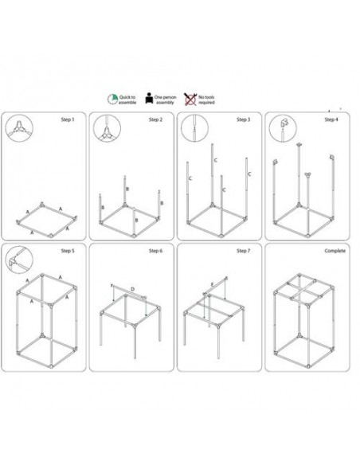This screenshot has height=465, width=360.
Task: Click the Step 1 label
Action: click(x=68, y=119)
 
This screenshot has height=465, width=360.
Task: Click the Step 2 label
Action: click(x=155, y=119)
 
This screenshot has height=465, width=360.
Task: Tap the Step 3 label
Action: click(x=243, y=119)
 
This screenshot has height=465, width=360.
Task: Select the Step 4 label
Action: click(x=331, y=119)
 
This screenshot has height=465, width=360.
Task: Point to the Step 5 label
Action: click(x=68, y=251)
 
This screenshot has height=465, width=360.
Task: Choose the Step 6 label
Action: click(x=155, y=251)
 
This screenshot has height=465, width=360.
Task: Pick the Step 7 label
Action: click(x=243, y=251)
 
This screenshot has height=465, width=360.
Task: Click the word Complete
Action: click(x=327, y=251)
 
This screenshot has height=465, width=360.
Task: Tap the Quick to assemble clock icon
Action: click(x=113, y=99)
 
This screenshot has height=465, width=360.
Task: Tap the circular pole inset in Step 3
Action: click(x=193, y=127)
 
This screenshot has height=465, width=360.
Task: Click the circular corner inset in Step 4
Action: click(x=281, y=127)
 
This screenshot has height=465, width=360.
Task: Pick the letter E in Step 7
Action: click(x=211, y=283)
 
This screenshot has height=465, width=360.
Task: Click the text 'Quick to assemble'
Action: click(x=129, y=100)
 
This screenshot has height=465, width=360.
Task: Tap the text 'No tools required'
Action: click(x=206, y=100)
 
